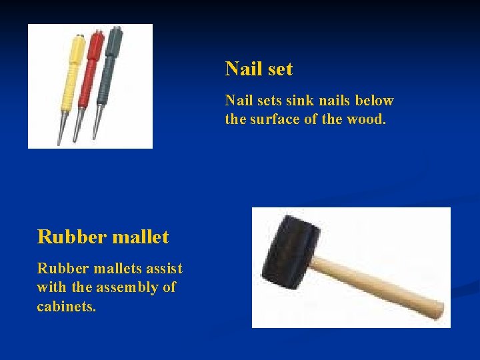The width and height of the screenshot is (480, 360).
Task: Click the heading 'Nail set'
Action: [259, 69]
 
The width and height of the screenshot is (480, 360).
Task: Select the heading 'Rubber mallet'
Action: [103, 237]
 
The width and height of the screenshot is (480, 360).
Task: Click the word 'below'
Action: [374, 101]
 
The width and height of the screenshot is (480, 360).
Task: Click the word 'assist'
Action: [163, 268]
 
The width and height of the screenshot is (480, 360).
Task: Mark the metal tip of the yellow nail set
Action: [61, 130]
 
